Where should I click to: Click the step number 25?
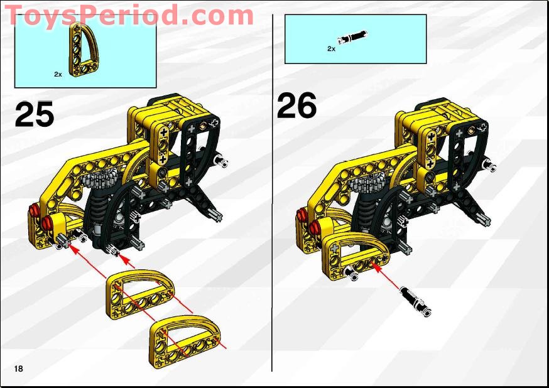pyautogui.click(x=35, y=114)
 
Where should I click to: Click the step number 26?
pyautogui.click(x=296, y=105)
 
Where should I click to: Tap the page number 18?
pyautogui.click(x=18, y=369)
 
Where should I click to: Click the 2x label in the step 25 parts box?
pyautogui.click(x=58, y=74)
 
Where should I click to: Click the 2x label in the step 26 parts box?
pyautogui.click(x=331, y=48)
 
